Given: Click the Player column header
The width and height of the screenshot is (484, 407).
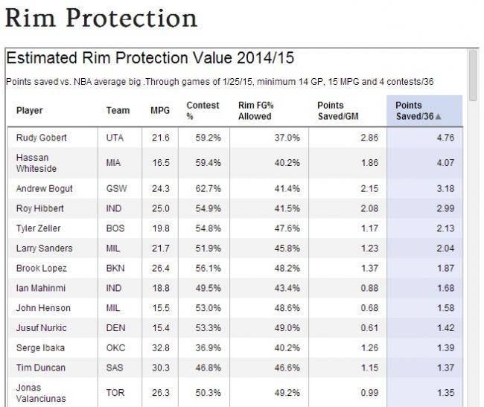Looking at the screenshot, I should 30,111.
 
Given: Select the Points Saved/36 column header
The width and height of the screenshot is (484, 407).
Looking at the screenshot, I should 418,111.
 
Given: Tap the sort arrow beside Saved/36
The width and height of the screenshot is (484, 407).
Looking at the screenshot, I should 439,117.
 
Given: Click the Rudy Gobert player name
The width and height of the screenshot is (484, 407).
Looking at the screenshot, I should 41,138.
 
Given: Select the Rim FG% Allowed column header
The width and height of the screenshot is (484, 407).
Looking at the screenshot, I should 255,111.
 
